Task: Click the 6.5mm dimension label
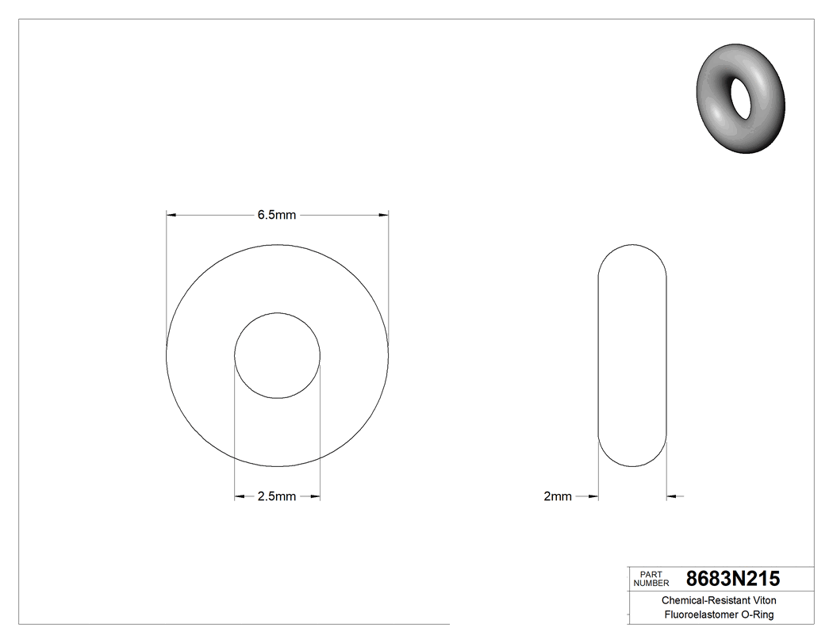[276, 215]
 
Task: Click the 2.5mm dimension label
[276, 497]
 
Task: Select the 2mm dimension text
[557, 497]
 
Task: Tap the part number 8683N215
[732, 578]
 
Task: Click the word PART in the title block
[651, 574]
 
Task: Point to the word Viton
[762, 601]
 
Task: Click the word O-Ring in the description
[757, 615]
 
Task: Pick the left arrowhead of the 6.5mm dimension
[171, 215]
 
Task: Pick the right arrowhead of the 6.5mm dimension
[384, 215]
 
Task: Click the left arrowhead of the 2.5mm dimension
[239, 497]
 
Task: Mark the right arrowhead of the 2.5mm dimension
[316, 497]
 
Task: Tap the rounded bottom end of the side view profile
[631, 464]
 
